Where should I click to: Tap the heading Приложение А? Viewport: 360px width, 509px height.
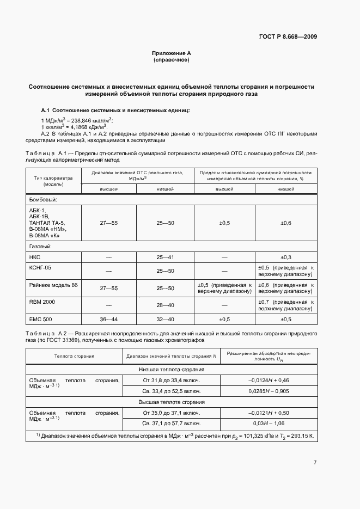[x=171, y=53]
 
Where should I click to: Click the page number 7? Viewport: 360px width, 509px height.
[x=315, y=463]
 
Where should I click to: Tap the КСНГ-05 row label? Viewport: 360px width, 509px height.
[x=41, y=267]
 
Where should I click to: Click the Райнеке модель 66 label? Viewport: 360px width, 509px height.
[x=53, y=285]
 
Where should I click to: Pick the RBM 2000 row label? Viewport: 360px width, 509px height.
[x=42, y=302]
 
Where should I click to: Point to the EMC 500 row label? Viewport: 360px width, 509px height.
[x=40, y=319]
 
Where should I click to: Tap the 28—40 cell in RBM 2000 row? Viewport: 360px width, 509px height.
[x=164, y=305]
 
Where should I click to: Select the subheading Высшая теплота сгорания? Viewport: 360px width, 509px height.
[x=171, y=402]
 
